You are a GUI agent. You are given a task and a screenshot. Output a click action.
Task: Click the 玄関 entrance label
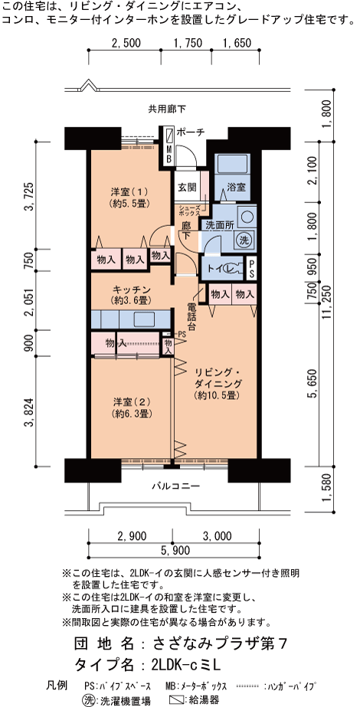click(186, 187)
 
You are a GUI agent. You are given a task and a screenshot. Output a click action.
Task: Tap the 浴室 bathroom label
click(236, 187)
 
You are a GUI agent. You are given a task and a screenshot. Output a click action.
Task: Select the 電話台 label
click(191, 317)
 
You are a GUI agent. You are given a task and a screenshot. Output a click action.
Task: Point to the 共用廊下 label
click(166, 108)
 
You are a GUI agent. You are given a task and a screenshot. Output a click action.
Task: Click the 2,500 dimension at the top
click(126, 43)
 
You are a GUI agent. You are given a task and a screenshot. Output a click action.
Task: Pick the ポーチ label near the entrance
click(191, 132)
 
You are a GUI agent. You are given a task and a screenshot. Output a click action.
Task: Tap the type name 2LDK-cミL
click(186, 665)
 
